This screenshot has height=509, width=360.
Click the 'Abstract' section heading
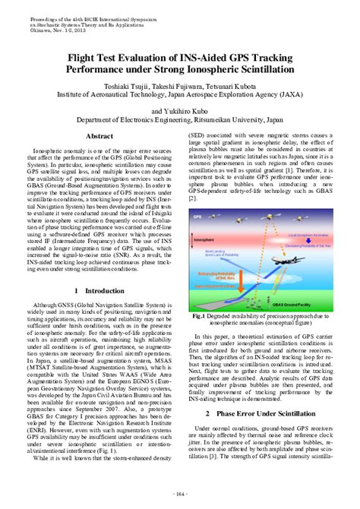click(99, 136)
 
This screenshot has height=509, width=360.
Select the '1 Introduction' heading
click(99, 290)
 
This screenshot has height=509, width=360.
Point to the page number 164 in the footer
click(180, 494)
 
